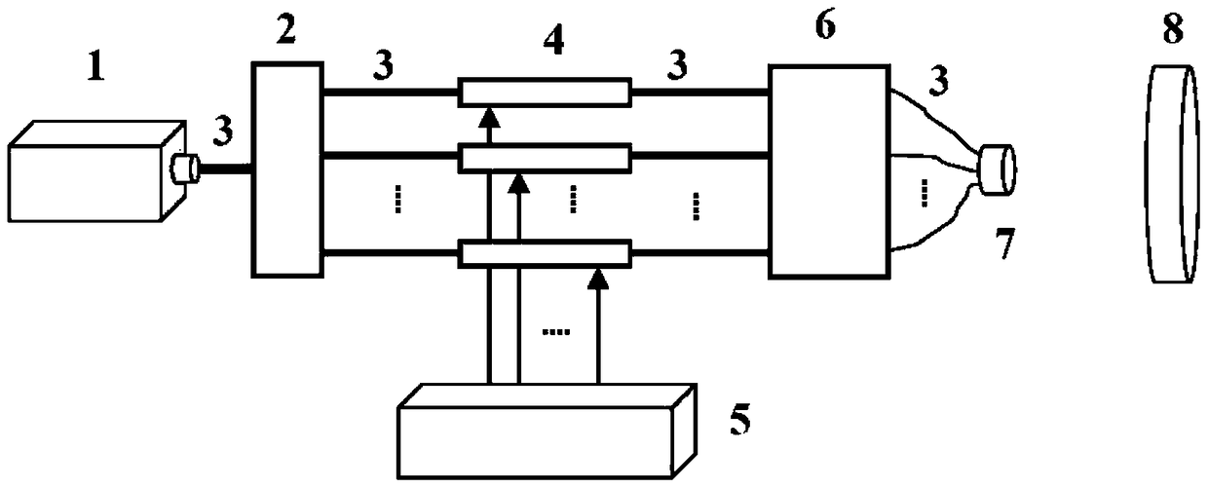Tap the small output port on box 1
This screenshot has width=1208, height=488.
tap(184, 169)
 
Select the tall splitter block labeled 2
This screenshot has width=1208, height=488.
tap(286, 169)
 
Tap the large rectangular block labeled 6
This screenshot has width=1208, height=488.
tap(829, 171)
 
